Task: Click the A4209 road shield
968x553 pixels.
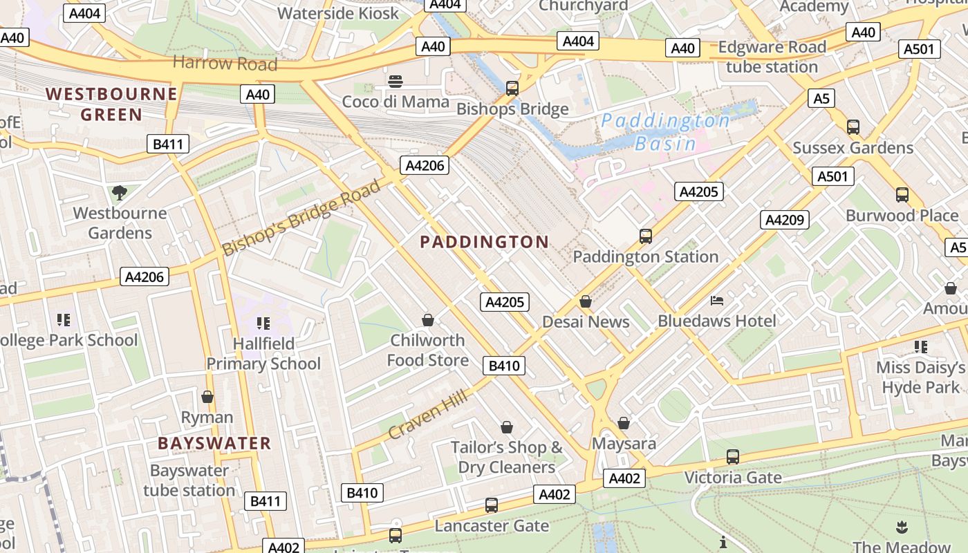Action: [785, 221]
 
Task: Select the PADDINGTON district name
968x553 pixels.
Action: [484, 242]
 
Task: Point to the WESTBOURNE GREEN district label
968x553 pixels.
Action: [111, 104]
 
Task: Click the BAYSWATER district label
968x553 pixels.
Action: [214, 443]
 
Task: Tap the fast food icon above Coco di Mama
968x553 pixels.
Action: [395, 82]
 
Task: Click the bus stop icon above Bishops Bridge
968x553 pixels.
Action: [512, 88]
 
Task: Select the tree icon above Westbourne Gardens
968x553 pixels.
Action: [120, 193]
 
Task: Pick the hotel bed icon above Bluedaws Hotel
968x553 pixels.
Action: [717, 301]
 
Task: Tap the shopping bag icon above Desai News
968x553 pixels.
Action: [586, 302]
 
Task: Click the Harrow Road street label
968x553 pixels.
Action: [225, 64]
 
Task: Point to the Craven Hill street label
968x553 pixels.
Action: [428, 413]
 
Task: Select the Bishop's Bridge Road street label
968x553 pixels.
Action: [301, 217]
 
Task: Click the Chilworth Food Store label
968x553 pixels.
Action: [428, 350]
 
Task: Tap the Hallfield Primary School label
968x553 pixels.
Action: [263, 353]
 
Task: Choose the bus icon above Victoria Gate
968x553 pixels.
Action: [733, 457]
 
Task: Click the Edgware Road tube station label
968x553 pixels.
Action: [772, 57]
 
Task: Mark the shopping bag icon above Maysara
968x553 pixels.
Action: [624, 423]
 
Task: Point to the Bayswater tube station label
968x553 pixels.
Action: [189, 480]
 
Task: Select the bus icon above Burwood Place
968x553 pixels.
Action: [902, 195]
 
